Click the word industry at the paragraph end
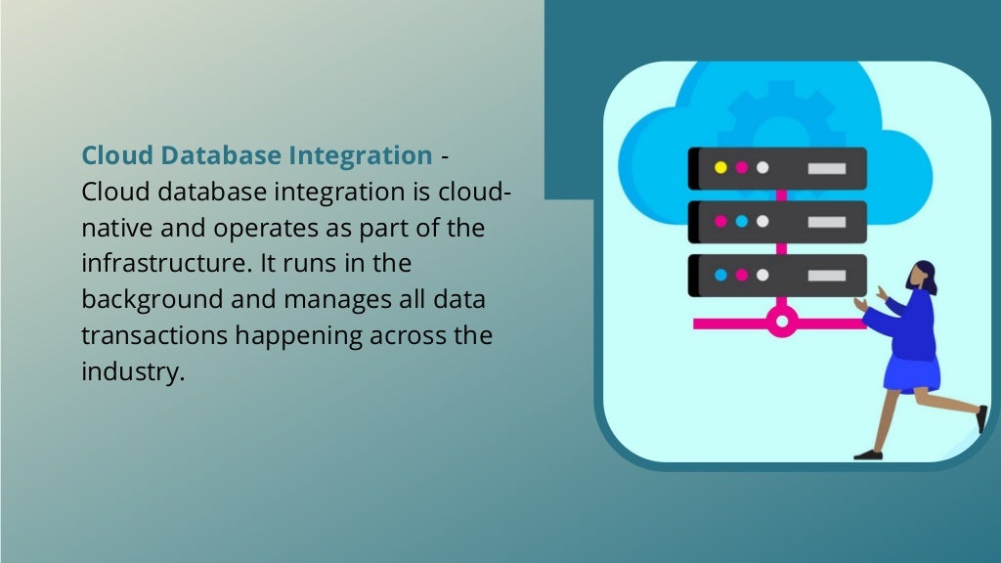pyautogui.click(x=132, y=371)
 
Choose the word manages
pyautogui.click(x=322, y=299)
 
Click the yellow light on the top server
pyautogui.click(x=720, y=167)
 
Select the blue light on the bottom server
pyautogui.click(x=720, y=275)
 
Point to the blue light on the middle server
pyautogui.click(x=741, y=221)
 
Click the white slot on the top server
pyautogui.click(x=827, y=168)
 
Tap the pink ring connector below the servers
pyautogui.click(x=780, y=321)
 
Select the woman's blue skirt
pyautogui.click(x=912, y=372)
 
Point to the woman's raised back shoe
pyautogui.click(x=980, y=418)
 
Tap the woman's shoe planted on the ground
pyautogui.click(x=867, y=454)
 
